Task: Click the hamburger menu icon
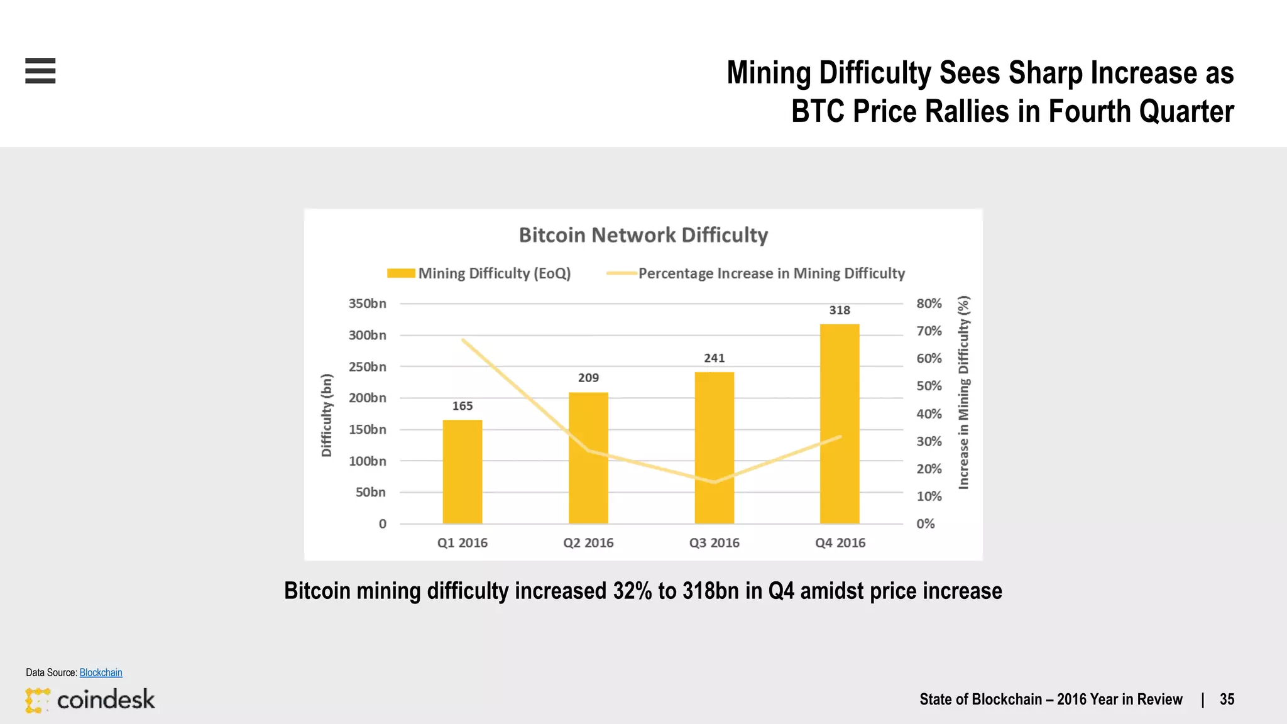click(x=40, y=70)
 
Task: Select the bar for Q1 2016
click(x=463, y=471)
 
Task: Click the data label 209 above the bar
click(x=588, y=378)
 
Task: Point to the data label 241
click(x=714, y=358)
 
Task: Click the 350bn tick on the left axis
click(x=368, y=304)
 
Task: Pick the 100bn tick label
click(x=368, y=461)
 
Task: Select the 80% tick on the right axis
click(x=929, y=304)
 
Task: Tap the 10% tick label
click(x=929, y=496)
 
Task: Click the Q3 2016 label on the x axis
click(x=714, y=543)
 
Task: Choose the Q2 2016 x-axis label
click(x=588, y=543)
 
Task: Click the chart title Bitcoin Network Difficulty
click(x=643, y=235)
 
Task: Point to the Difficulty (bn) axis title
click(x=326, y=415)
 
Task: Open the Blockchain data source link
click(x=101, y=672)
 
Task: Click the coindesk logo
click(x=90, y=699)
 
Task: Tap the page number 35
click(x=1227, y=699)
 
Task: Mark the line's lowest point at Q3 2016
click(x=714, y=482)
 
